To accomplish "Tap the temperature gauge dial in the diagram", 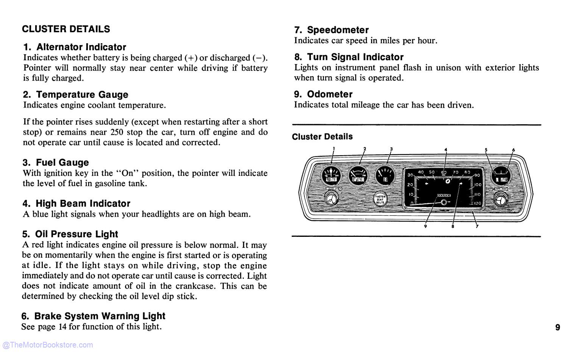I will point(358,176).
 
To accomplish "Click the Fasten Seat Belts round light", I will point(380,199).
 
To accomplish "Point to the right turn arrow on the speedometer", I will point(461,183).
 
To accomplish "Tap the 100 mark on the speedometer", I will point(477,185).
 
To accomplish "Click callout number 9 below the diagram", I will point(426,227).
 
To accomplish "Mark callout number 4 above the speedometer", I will point(446,150).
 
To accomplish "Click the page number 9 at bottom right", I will point(557,327).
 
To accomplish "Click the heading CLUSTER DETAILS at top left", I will point(66,29).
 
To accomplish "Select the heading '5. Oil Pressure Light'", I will point(70,234).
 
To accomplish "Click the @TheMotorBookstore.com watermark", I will point(47,345).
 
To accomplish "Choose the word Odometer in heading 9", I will point(329,94).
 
